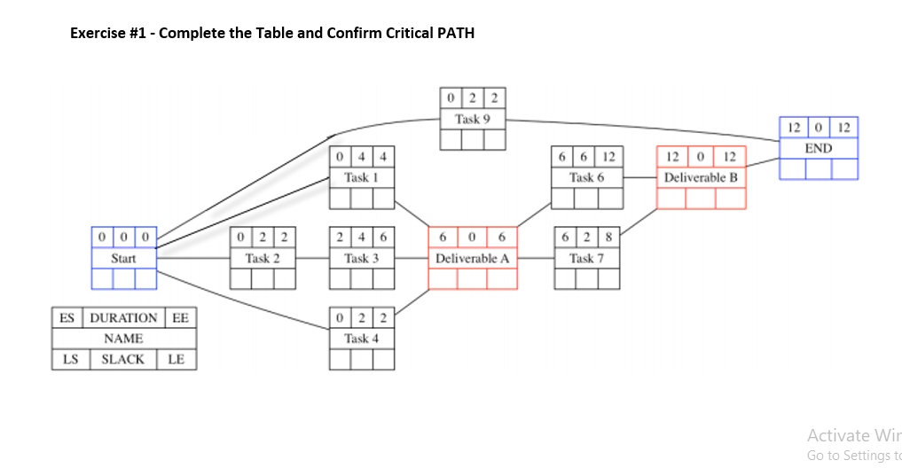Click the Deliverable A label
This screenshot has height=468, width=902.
click(472, 258)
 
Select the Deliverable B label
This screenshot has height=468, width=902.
click(701, 177)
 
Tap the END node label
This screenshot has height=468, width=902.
click(818, 148)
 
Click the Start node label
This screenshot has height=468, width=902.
click(123, 258)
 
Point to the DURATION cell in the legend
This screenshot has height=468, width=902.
click(123, 317)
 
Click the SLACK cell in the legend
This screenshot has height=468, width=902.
click(122, 359)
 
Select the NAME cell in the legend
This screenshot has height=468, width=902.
click(123, 339)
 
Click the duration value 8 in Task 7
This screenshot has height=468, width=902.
click(608, 237)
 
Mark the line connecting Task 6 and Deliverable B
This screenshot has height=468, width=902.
click(639, 177)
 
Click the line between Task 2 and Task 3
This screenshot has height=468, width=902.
click(311, 258)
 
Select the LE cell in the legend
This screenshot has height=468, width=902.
click(176, 359)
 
